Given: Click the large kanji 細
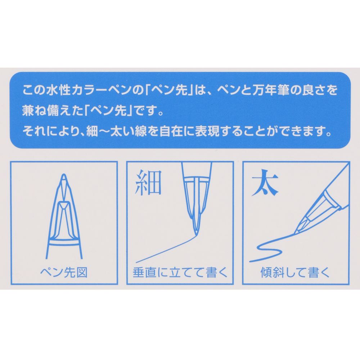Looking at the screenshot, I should point(148,184).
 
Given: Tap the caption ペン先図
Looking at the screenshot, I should point(64,273).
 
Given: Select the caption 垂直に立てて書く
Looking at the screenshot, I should point(180,273).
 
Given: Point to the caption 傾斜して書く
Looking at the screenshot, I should point(295,273).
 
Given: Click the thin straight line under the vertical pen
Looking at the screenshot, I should point(162,250).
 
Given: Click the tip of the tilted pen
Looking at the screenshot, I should point(295,232).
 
